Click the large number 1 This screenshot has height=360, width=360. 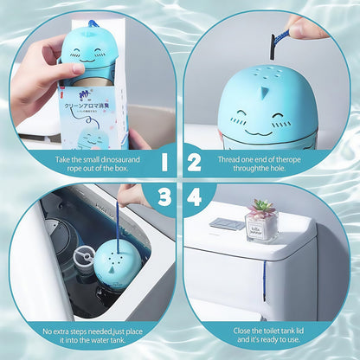(x=164, y=161)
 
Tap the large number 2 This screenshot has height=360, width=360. (x=196, y=161)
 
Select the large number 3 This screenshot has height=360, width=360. (x=164, y=198)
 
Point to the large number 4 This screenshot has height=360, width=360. (x=196, y=198)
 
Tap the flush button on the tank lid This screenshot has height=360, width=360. (x=227, y=224)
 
